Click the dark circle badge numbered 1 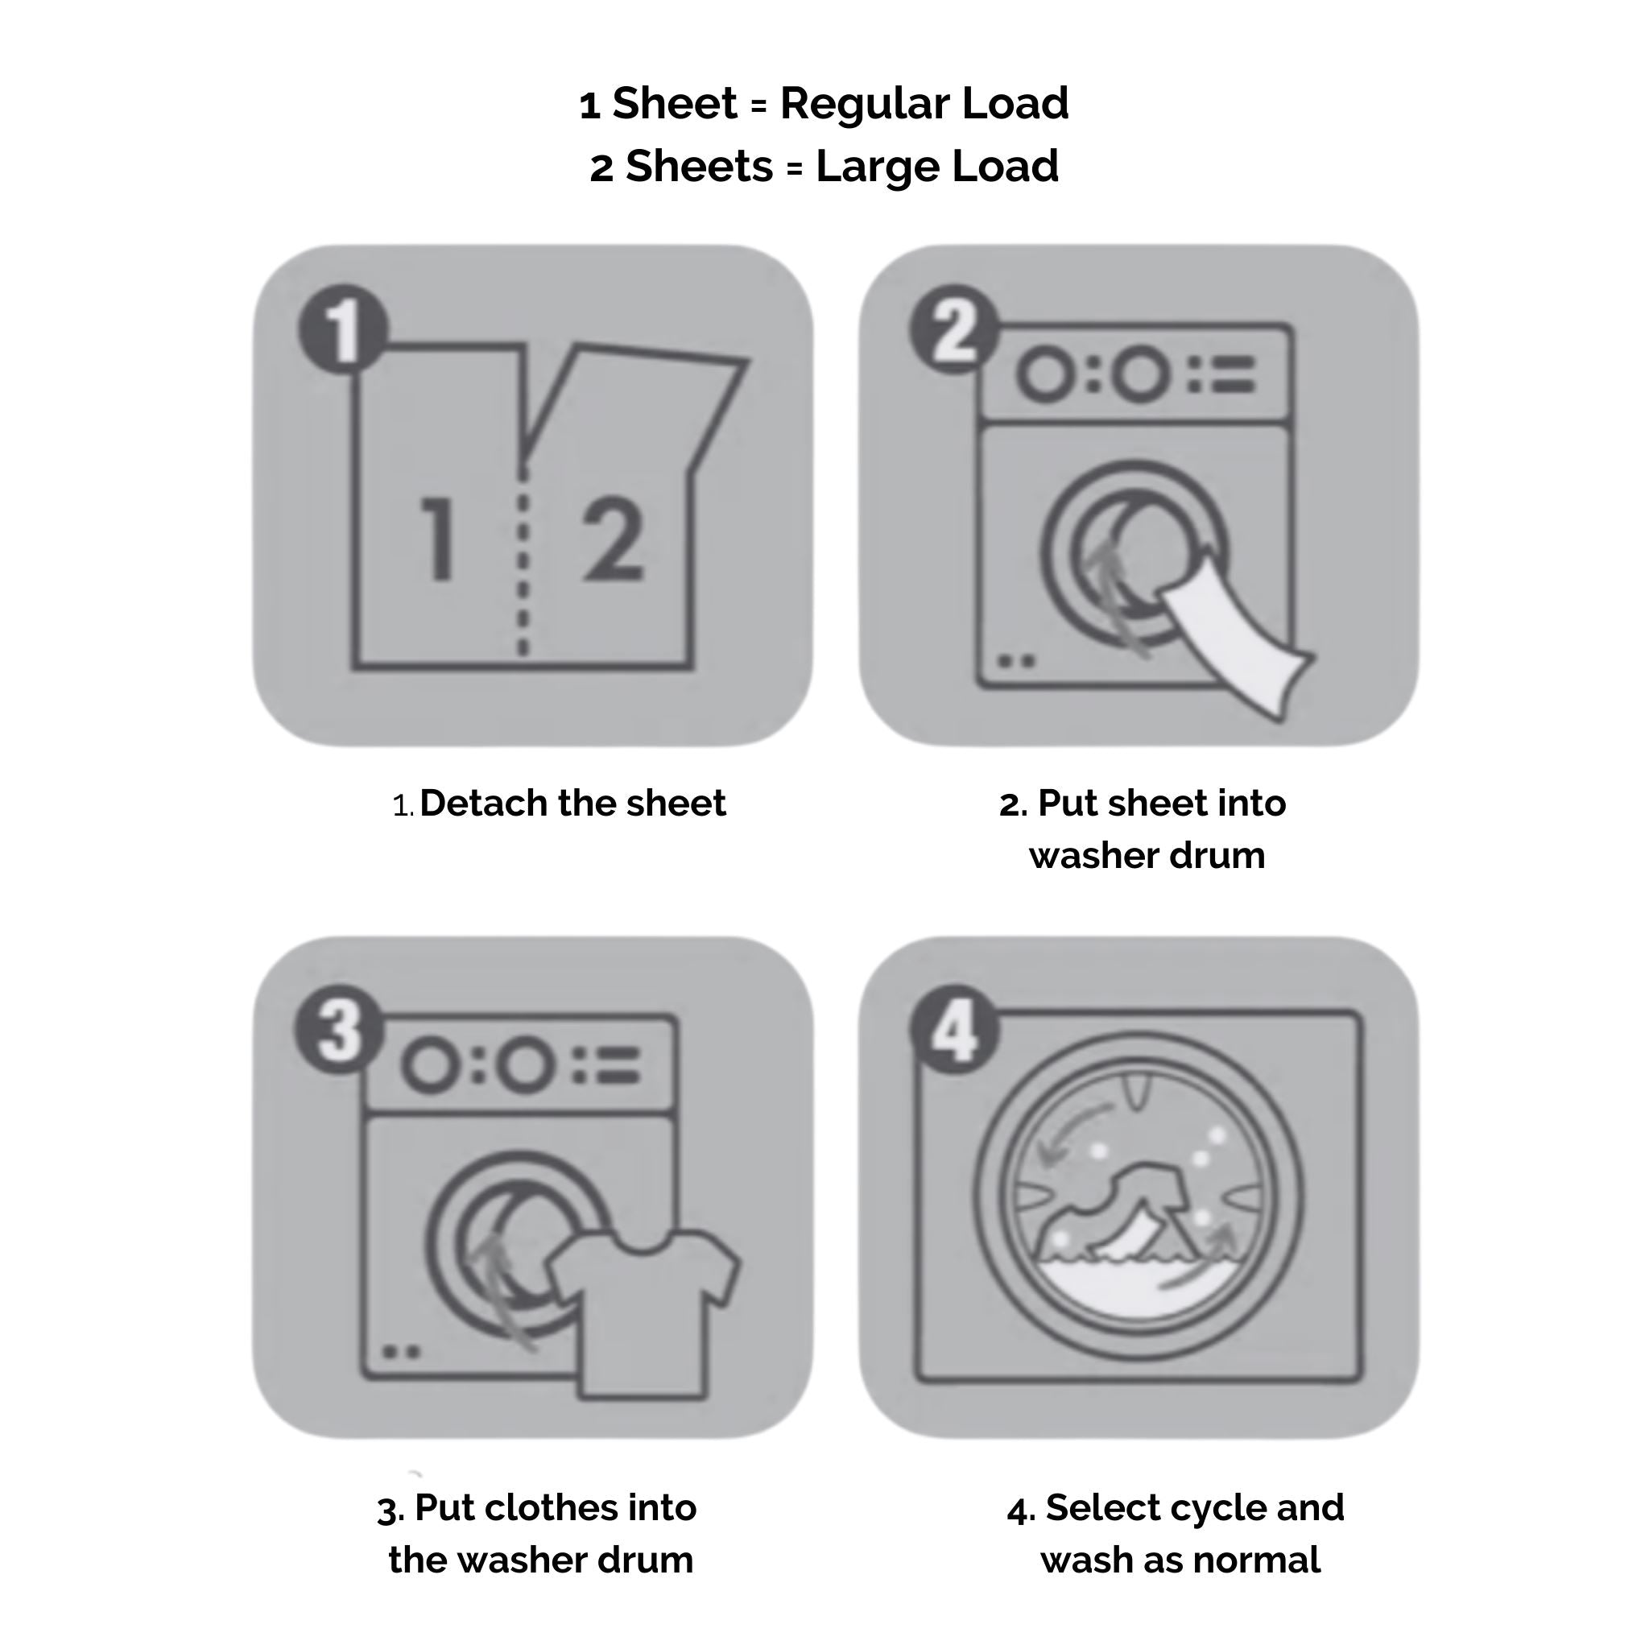pyautogui.click(x=344, y=329)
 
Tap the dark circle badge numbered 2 pyautogui.click(x=955, y=329)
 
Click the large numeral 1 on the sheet pyautogui.click(x=438, y=539)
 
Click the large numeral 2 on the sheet pyautogui.click(x=613, y=539)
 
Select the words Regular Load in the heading pyautogui.click(x=924, y=103)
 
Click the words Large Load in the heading pyautogui.click(x=937, y=166)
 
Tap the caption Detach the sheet pyautogui.click(x=572, y=803)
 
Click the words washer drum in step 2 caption pyautogui.click(x=1147, y=855)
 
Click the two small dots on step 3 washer pyautogui.click(x=401, y=1351)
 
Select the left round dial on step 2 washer pyautogui.click(x=1044, y=374)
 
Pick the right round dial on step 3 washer pyautogui.click(x=524, y=1065)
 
